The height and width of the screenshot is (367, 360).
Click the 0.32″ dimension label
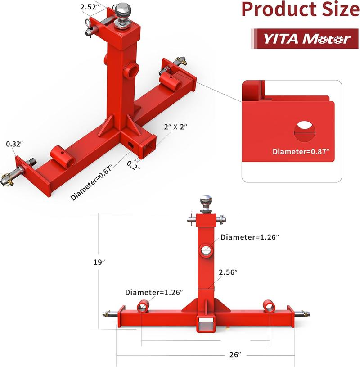click(14, 145)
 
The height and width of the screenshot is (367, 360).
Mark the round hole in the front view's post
click(207, 250)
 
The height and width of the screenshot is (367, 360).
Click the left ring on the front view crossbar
click(142, 306)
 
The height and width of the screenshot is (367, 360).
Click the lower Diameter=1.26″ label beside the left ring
click(154, 292)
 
